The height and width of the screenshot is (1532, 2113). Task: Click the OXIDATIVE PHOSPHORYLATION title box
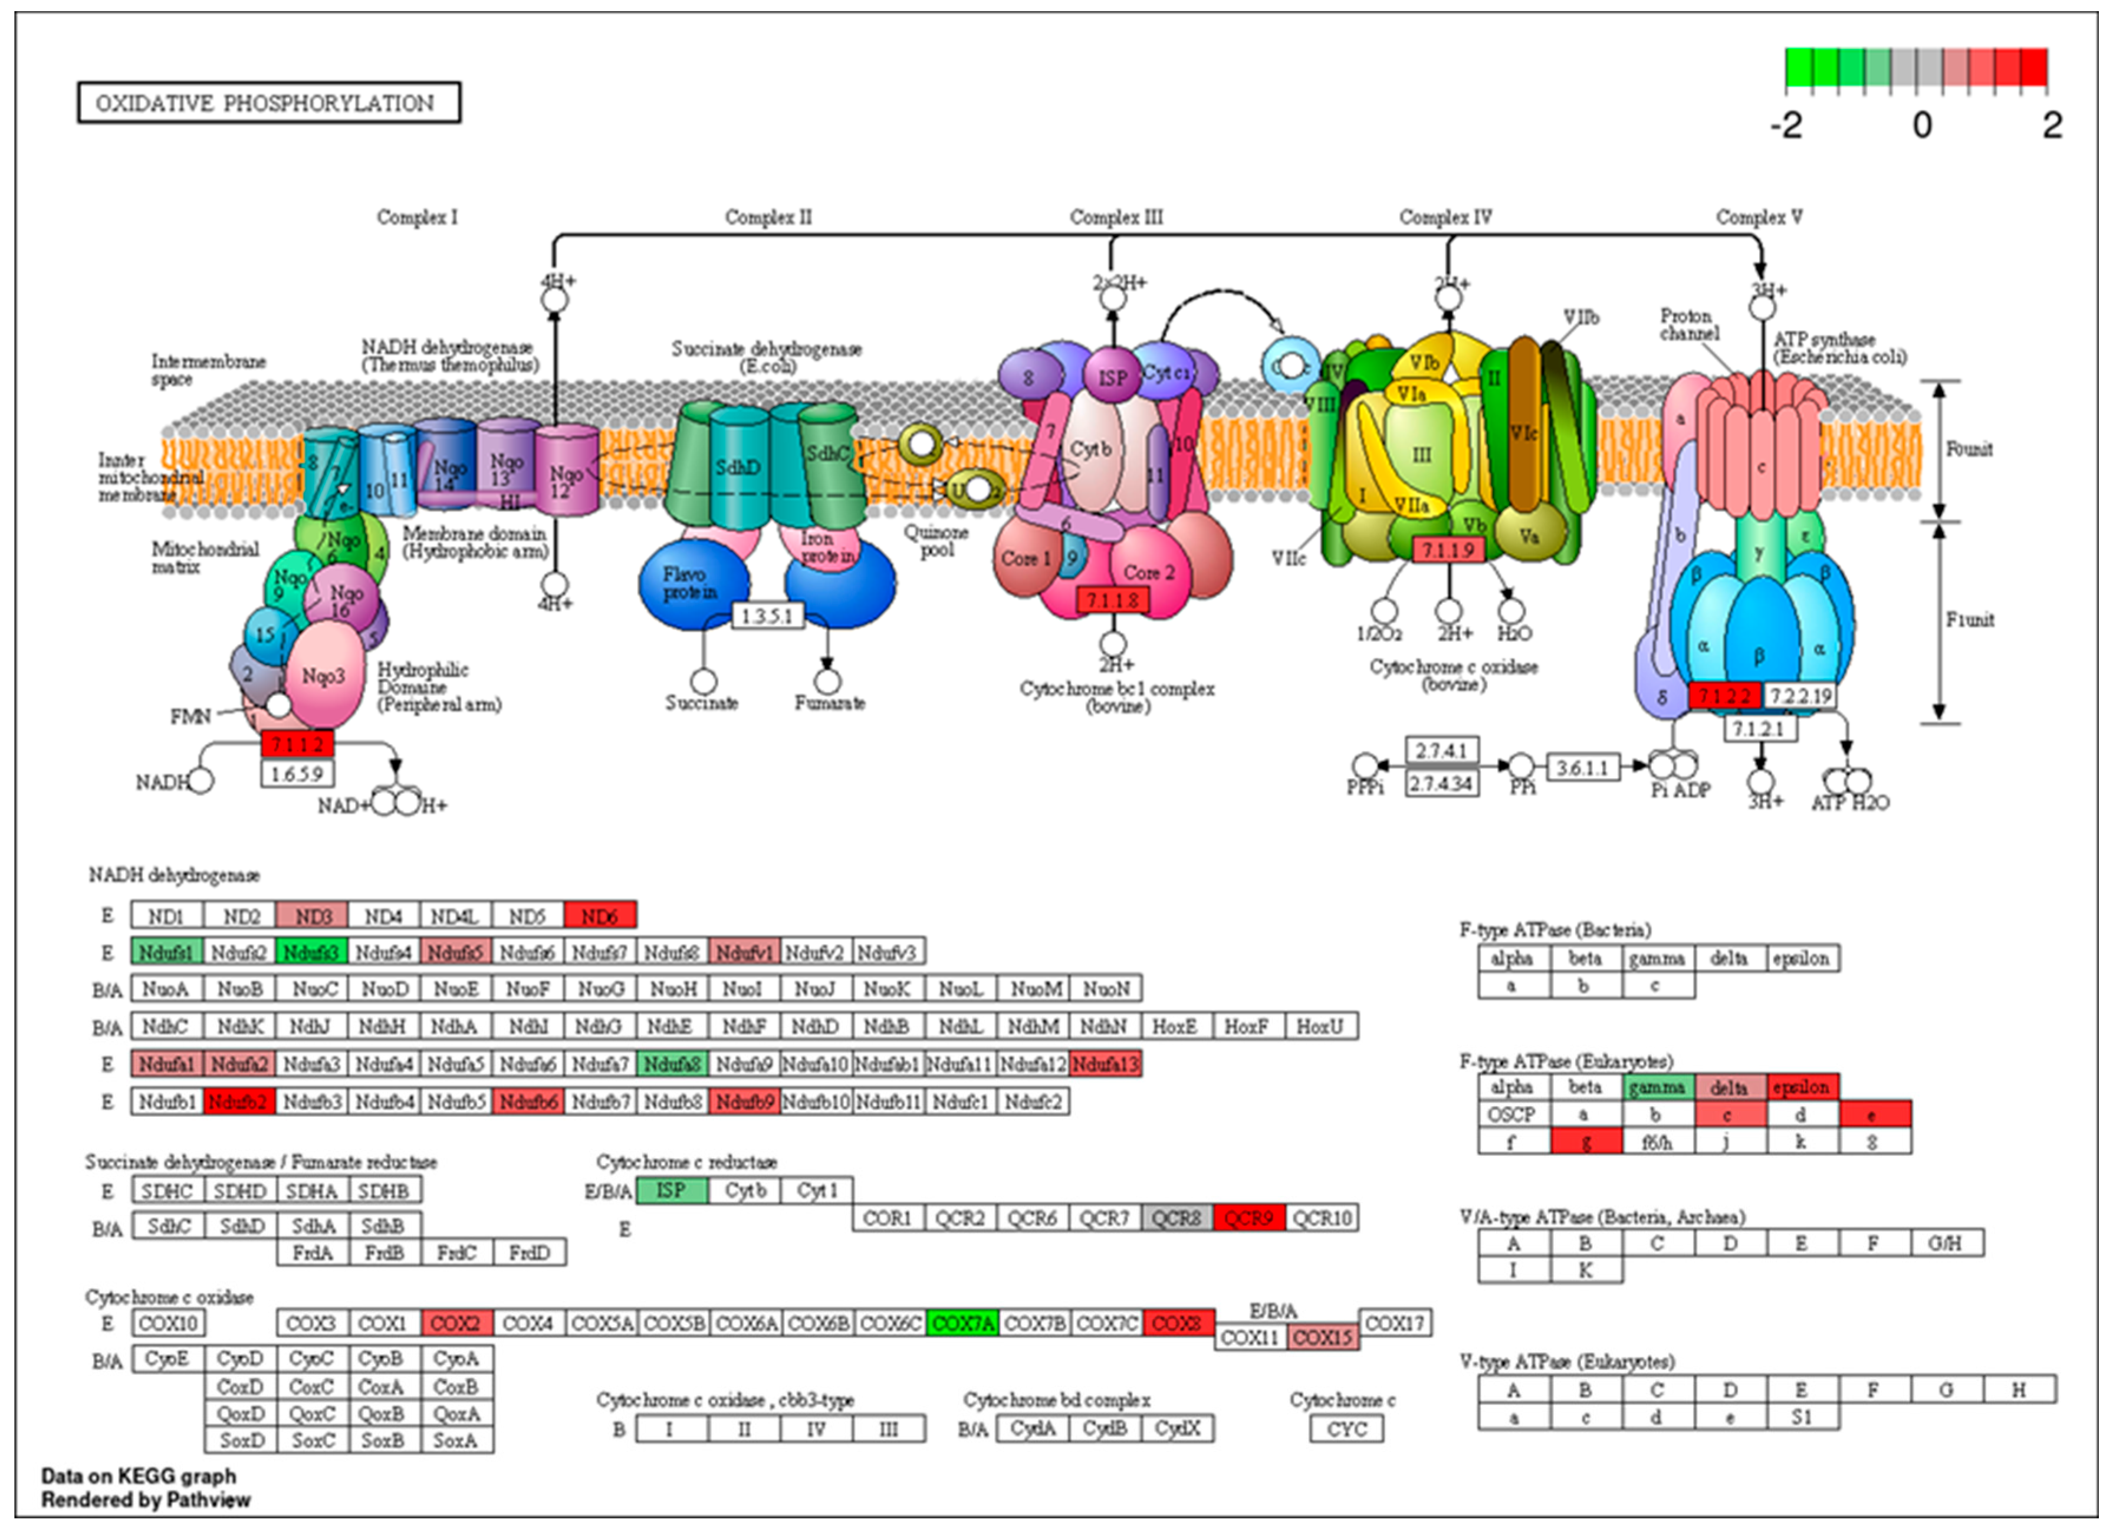[268, 103]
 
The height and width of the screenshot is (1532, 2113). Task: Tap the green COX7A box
[962, 1323]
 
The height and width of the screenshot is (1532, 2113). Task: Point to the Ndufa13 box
[1106, 1064]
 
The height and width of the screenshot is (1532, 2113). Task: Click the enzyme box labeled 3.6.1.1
[1582, 767]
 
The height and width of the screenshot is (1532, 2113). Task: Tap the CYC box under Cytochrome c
[1346, 1429]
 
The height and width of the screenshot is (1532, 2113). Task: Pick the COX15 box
[1323, 1338]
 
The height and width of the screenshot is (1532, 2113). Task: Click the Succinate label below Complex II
[702, 703]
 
